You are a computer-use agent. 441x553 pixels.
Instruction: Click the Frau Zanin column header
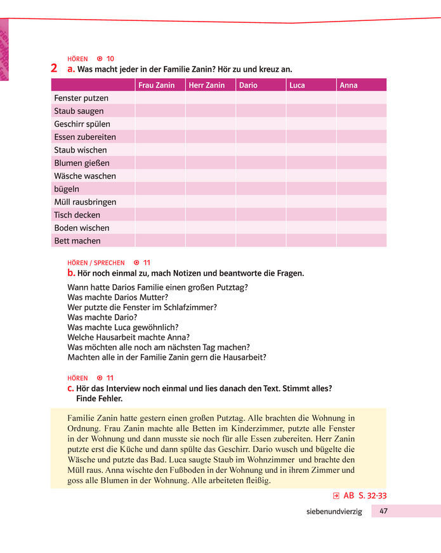[157, 85]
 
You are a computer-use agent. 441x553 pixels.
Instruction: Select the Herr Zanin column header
[207, 85]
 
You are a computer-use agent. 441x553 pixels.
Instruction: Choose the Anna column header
[348, 85]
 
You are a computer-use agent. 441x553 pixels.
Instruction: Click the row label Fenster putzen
[81, 98]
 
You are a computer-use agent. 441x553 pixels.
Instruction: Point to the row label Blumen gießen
[81, 163]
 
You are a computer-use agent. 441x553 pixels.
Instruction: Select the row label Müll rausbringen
[85, 202]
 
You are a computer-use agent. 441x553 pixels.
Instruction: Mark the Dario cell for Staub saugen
[260, 111]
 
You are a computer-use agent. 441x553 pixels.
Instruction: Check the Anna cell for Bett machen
[361, 241]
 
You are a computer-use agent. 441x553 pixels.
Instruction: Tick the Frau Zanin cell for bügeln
[160, 189]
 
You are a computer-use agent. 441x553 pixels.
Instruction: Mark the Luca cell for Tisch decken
[311, 215]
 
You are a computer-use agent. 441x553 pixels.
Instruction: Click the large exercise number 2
[55, 68]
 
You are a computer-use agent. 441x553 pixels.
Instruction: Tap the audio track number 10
[110, 58]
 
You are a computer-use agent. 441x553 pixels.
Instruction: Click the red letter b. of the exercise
[71, 273]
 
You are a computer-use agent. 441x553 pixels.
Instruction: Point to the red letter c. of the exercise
[71, 388]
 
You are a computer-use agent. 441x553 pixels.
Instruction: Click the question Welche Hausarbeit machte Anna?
[129, 337]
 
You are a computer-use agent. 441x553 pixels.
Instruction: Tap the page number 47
[385, 511]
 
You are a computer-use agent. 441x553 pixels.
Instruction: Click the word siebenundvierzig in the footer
[334, 512]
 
